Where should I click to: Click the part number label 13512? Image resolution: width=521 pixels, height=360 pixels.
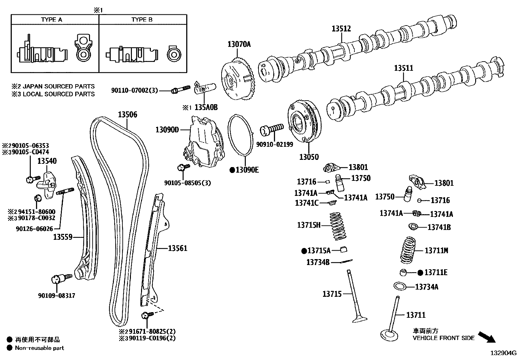[x=341, y=29]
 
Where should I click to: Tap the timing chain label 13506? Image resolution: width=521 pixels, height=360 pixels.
[x=127, y=115]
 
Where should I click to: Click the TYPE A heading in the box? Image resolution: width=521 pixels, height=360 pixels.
[x=51, y=20]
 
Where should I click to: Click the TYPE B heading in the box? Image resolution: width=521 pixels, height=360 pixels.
[x=142, y=20]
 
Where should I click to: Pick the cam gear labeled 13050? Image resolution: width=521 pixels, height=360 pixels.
[x=304, y=123]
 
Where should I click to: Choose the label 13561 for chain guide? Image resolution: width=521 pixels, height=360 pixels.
[x=178, y=249]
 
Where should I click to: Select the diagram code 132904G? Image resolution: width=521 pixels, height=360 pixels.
[x=503, y=353]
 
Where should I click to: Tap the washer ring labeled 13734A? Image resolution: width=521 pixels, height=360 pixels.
[x=400, y=286]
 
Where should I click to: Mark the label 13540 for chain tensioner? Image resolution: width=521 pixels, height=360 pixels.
[x=47, y=161]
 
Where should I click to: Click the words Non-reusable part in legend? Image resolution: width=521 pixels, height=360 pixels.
[x=40, y=348]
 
